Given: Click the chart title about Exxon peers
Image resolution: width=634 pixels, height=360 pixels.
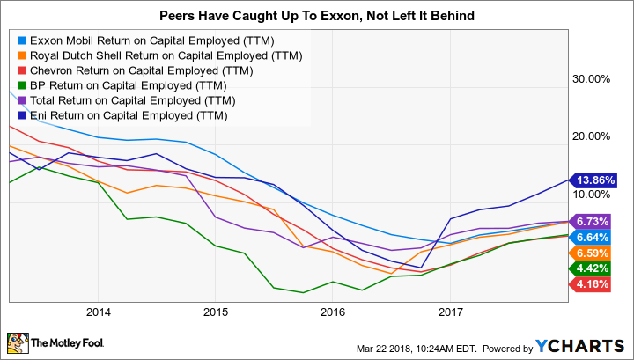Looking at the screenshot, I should point(317,16).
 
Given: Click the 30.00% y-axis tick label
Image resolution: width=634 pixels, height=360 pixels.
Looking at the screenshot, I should point(592,78).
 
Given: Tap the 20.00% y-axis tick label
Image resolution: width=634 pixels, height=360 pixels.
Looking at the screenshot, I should point(592,136).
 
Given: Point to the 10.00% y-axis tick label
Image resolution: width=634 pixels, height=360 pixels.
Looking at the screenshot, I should point(592,195).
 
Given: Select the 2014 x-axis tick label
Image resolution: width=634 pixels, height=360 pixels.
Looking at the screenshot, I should point(98,312).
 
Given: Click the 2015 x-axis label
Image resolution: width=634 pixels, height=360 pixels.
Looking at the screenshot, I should point(216,312).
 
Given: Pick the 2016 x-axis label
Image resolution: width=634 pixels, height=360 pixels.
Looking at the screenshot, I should point(333,312).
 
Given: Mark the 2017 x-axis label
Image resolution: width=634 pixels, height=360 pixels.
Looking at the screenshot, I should point(450,312).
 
